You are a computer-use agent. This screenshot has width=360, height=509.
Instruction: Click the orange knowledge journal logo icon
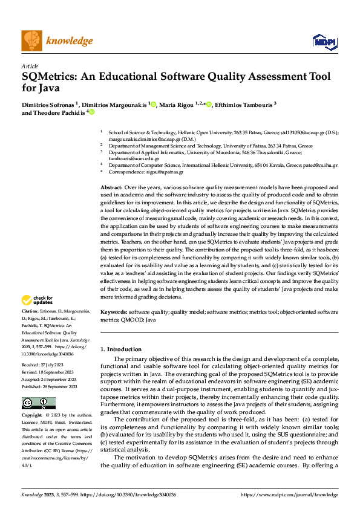click(32, 41)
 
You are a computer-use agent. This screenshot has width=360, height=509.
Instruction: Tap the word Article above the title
click(30, 65)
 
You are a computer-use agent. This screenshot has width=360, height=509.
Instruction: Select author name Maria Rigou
click(177, 104)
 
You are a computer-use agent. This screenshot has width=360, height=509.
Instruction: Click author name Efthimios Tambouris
click(244, 104)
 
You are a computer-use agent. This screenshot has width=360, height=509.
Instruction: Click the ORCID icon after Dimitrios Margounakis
click(154, 104)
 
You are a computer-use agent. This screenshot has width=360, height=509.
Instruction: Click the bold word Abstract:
click(112, 188)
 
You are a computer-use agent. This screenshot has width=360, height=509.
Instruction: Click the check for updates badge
click(37, 300)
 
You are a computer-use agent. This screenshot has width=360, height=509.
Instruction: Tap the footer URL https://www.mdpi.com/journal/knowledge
click(289, 494)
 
